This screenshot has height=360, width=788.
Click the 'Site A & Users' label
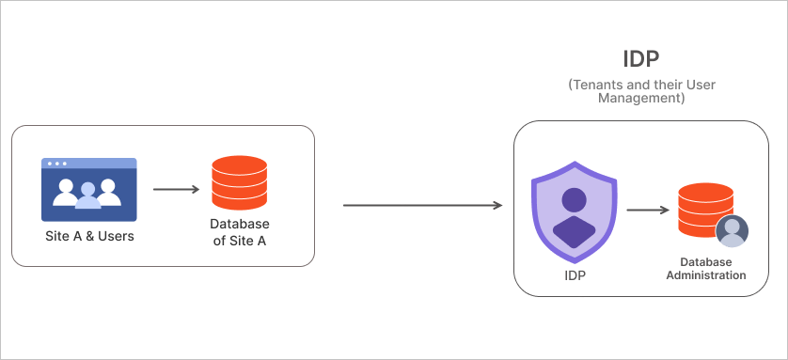(89, 236)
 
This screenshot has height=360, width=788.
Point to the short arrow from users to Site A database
(176, 190)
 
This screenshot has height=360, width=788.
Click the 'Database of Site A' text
(240, 231)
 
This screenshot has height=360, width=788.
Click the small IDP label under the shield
(574, 275)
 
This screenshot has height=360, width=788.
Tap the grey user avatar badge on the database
(732, 231)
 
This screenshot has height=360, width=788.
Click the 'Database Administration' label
(706, 268)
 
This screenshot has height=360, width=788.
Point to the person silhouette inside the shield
(574, 216)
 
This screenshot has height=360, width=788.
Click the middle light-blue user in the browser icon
(88, 195)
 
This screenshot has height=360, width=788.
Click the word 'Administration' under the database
(706, 275)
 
